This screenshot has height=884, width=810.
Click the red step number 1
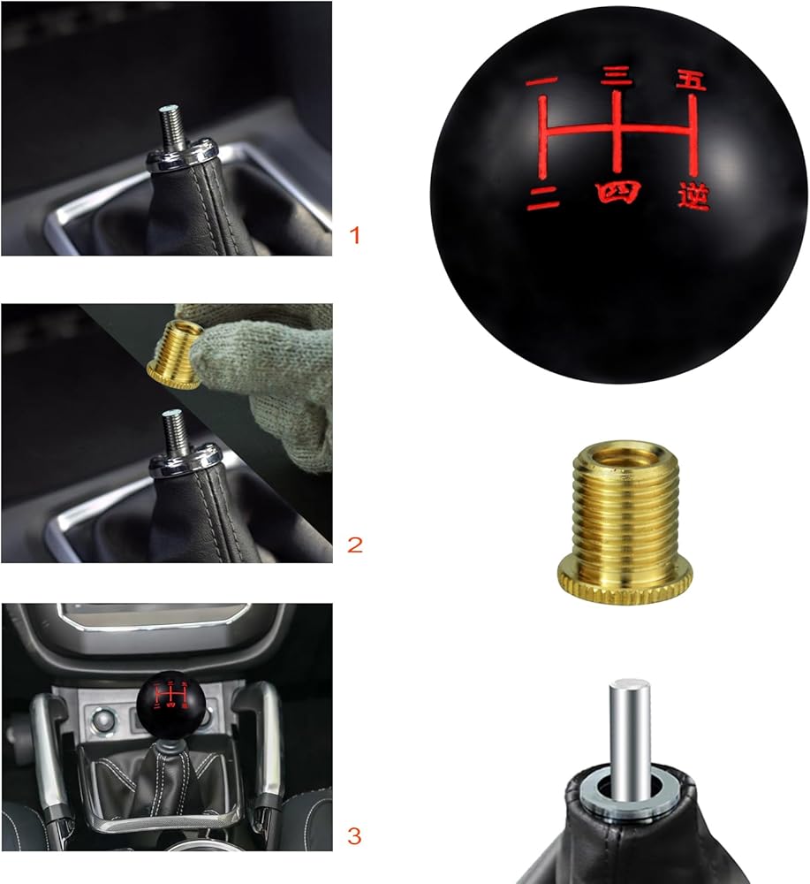[x=354, y=234]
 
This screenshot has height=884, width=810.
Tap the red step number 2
[x=355, y=545]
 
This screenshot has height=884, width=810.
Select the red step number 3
[x=354, y=835]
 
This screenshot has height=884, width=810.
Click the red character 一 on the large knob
[x=541, y=81]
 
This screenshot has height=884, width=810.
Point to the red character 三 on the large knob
[x=617, y=77]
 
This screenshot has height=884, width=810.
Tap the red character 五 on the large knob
[x=691, y=80]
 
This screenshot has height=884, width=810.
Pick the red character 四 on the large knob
[x=618, y=192]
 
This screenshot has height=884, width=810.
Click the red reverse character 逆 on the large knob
[x=693, y=197]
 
